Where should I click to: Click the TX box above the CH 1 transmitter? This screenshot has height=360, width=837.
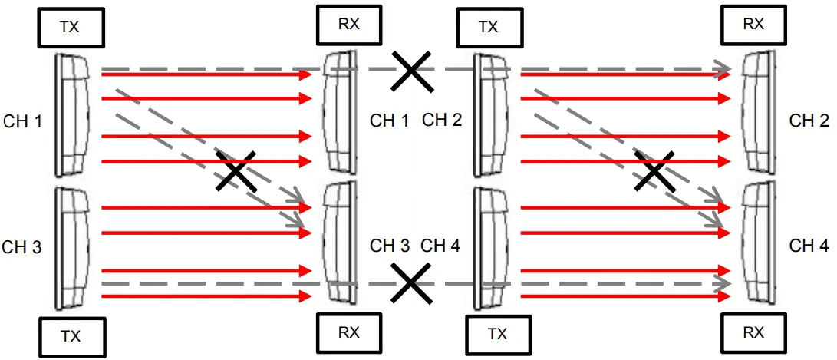click(x=70, y=28)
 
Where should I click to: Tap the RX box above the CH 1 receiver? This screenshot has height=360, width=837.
click(x=348, y=24)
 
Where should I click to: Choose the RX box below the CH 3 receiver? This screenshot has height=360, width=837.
click(x=348, y=333)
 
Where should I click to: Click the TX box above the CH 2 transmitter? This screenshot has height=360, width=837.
click(x=489, y=28)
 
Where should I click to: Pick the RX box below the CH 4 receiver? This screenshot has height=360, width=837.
click(x=753, y=333)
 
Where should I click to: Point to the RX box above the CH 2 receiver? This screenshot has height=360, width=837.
click(x=753, y=24)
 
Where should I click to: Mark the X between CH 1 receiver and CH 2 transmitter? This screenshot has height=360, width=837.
click(x=411, y=71)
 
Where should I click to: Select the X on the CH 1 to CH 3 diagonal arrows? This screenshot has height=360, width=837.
click(x=236, y=170)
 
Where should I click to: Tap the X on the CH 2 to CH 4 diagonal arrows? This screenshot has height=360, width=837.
click(x=654, y=170)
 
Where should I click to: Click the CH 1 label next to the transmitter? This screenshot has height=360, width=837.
click(x=22, y=121)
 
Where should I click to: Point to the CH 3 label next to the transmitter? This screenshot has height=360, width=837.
click(x=22, y=247)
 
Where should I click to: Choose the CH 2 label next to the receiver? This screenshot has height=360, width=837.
click(x=809, y=121)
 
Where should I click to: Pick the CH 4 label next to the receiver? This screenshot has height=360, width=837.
click(x=809, y=246)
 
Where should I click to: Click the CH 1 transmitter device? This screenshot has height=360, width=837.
click(x=72, y=115)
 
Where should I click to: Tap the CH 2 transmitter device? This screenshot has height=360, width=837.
click(x=489, y=115)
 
